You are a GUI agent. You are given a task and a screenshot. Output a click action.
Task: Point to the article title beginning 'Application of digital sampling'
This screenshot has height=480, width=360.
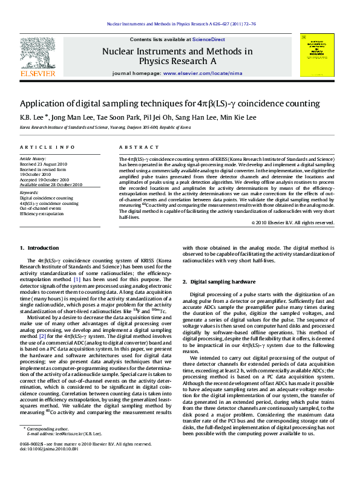pos(170,103)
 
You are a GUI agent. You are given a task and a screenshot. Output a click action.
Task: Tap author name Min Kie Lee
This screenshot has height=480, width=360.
pos(238,118)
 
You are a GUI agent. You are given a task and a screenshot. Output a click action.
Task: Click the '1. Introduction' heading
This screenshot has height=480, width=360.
pos(39,248)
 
